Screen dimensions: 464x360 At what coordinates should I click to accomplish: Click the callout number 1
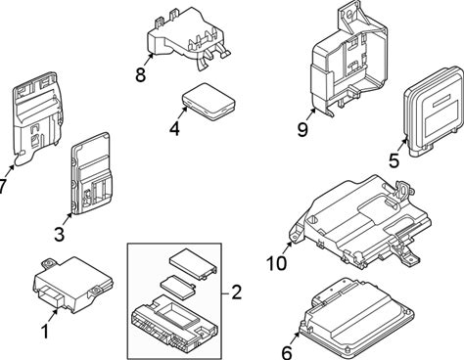[x=45, y=332]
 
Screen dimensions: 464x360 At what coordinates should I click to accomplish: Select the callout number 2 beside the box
[x=236, y=292]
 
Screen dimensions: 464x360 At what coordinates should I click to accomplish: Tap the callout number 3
[x=59, y=234]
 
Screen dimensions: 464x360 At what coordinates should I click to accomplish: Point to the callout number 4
[x=174, y=129]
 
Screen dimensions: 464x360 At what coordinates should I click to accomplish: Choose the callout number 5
[x=394, y=160]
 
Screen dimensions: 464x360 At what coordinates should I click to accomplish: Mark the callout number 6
[x=287, y=353]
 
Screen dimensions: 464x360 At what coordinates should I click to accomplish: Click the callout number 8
[x=140, y=74]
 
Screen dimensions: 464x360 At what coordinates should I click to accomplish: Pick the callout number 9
[x=302, y=129]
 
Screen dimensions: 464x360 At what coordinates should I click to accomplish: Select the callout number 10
[x=276, y=263]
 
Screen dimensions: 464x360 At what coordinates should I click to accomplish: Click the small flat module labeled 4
[x=209, y=102]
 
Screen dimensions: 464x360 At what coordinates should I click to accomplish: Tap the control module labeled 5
[x=434, y=112]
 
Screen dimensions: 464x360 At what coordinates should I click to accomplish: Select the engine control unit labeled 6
[x=357, y=318]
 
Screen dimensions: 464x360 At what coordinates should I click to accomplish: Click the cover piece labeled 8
[x=189, y=39]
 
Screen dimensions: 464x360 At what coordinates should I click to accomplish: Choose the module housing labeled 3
[x=92, y=173]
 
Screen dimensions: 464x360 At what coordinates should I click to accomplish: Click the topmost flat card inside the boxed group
[x=193, y=263]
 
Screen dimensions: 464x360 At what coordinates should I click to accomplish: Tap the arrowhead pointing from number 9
[x=314, y=111]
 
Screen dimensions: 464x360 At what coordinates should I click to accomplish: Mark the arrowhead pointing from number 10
[x=289, y=244]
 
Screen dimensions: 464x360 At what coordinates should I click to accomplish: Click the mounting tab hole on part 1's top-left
[x=50, y=263]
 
